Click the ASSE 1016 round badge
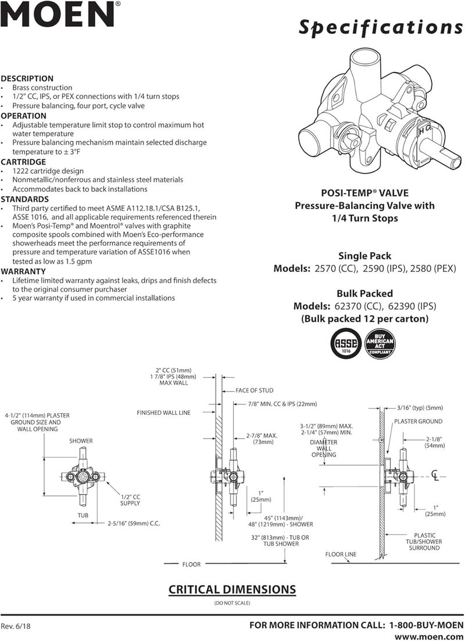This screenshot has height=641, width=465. [345, 345]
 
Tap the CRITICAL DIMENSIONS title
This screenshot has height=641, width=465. [232, 589]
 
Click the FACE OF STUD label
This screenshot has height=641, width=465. [254, 391]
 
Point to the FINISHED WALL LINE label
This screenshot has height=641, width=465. [163, 413]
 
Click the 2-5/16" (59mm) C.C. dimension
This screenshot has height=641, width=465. [134, 523]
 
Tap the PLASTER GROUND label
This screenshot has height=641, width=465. [418, 421]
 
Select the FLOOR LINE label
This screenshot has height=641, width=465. [341, 554]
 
